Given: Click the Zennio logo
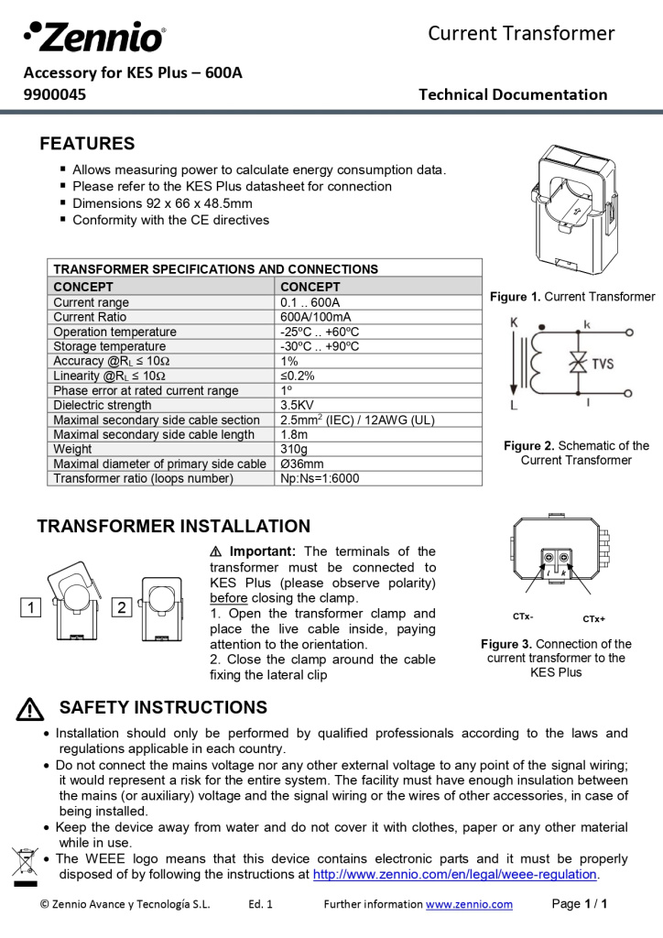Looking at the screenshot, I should [95, 37].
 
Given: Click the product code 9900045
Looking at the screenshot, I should [55, 93].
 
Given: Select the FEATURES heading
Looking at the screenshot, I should [87, 144].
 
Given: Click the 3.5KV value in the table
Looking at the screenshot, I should [298, 405].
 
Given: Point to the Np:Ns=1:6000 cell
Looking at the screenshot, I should [320, 478].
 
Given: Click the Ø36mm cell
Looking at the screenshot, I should [302, 464].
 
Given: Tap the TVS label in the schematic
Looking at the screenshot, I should [603, 364].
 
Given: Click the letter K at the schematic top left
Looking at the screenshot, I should [514, 322].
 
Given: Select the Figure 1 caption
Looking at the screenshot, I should [572, 297].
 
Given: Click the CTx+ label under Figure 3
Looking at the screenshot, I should [593, 618].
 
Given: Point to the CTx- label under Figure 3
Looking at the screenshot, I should [523, 616].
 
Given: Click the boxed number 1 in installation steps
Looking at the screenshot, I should [30, 607].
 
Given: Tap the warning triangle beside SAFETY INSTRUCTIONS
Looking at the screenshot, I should [30, 709].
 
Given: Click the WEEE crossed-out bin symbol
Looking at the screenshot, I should [22, 864].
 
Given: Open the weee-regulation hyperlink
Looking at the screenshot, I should [455, 874].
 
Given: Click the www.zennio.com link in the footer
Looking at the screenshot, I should [469, 904].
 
